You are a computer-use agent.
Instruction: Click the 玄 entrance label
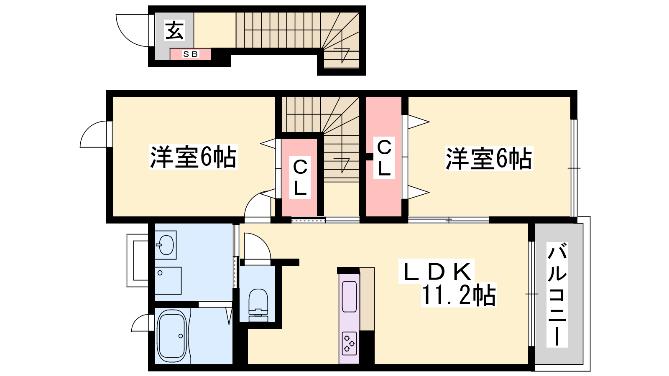coord(174,30)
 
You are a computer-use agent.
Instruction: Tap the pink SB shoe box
coord(191,54)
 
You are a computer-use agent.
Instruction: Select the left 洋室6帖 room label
coord(193,157)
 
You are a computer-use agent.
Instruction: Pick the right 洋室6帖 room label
coord(489,158)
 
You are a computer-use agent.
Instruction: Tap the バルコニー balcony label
coord(557,295)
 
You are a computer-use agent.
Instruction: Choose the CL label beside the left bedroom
coord(300,178)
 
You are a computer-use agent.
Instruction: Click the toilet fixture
coord(258,305)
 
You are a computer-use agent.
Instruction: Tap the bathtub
coord(172,337)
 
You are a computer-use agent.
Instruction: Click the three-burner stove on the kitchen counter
coord(349,343)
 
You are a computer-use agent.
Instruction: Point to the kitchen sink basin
coord(349,296)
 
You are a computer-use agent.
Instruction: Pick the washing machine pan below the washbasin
coord(168,281)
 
